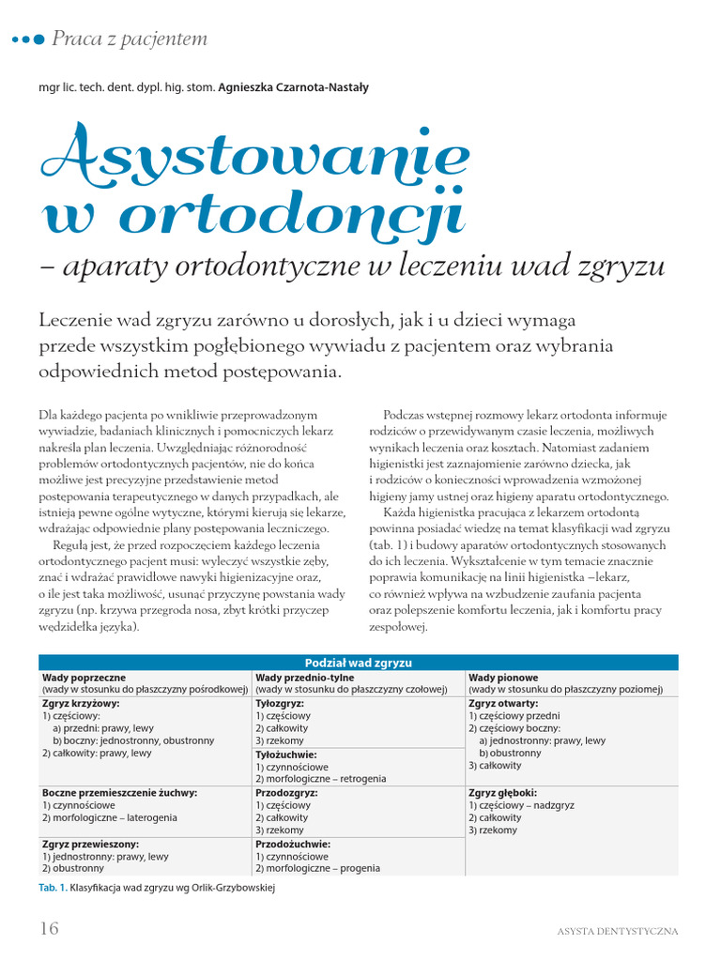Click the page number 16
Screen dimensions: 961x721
pyautogui.click(x=49, y=928)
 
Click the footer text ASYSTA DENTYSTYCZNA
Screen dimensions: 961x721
pyautogui.click(x=617, y=931)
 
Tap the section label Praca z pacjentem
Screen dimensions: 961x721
pyautogui.click(x=130, y=39)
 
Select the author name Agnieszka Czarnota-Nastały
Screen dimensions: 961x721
pyautogui.click(x=293, y=87)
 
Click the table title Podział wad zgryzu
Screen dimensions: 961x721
pyautogui.click(x=359, y=662)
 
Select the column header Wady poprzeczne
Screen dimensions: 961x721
pyautogui.click(x=84, y=676)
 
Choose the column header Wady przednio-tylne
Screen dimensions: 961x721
pyautogui.click(x=304, y=676)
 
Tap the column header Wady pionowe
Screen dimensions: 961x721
pyautogui.click(x=503, y=676)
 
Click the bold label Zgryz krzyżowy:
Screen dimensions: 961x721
pyautogui.click(x=81, y=702)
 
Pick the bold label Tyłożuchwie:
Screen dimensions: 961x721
pyautogui.click(x=286, y=754)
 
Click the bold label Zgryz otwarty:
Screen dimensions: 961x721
pyautogui.click(x=503, y=702)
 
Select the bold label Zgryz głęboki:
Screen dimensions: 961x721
pyautogui.click(x=503, y=792)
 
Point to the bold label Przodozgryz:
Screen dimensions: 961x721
pyautogui.click(x=285, y=792)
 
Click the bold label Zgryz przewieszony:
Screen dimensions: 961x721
pyautogui.click(x=90, y=844)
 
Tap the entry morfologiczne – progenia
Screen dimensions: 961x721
pyautogui.click(x=324, y=869)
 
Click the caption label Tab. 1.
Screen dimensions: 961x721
pyautogui.click(x=54, y=887)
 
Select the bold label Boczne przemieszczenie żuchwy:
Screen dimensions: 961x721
pyautogui.click(x=119, y=792)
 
